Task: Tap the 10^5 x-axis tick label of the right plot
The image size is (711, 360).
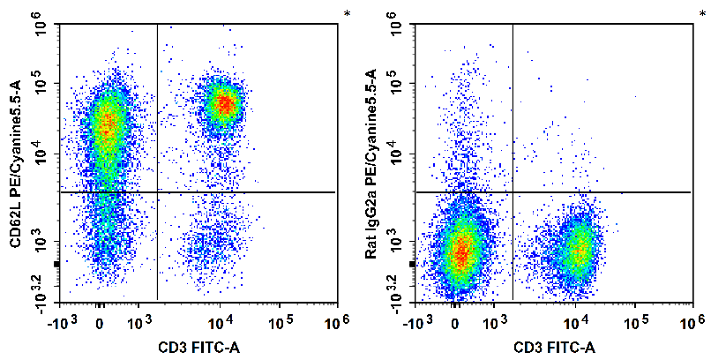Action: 636,319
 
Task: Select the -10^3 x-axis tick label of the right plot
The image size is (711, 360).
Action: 417,319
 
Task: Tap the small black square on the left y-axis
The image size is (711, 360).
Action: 56,264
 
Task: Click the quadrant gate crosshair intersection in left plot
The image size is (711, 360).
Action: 157,191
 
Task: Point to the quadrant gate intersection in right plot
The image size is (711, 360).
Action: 513,191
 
